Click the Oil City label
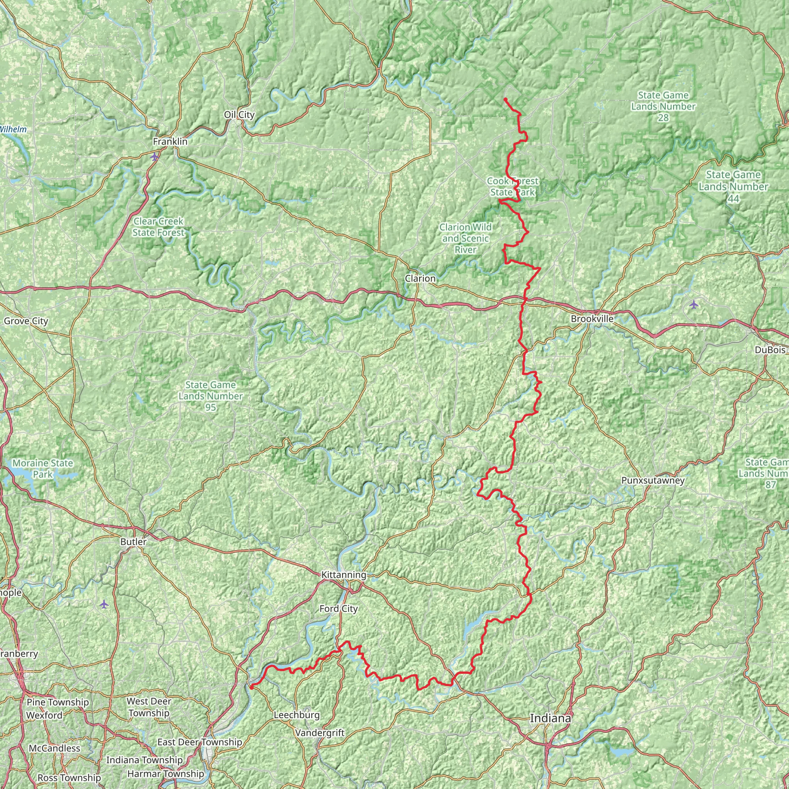239,115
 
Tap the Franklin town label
170,142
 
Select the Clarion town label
420,278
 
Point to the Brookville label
592,319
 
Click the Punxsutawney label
653,480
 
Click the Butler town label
133,542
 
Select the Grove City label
26,321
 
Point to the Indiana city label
550,718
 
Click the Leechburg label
297,715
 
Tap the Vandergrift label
320,733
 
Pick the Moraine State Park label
42,468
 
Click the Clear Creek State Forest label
158,227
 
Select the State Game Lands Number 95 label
210,396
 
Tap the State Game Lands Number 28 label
663,106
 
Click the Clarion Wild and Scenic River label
465,238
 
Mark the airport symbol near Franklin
154,157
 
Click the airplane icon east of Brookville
693,304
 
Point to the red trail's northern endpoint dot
505,99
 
